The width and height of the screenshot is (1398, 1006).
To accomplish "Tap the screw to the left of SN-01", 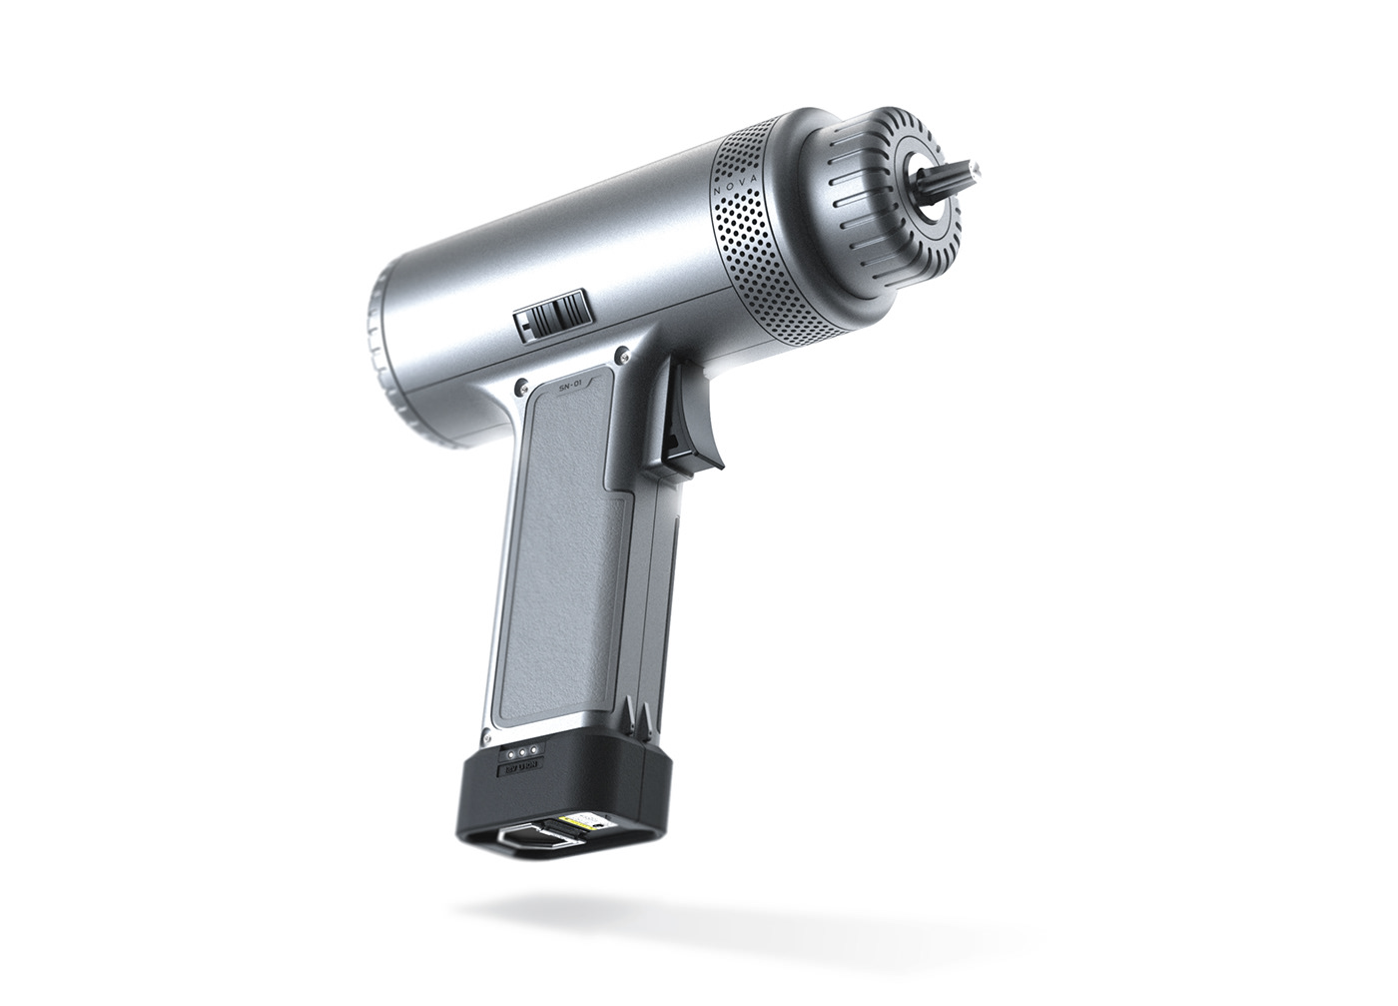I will point(519,383).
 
